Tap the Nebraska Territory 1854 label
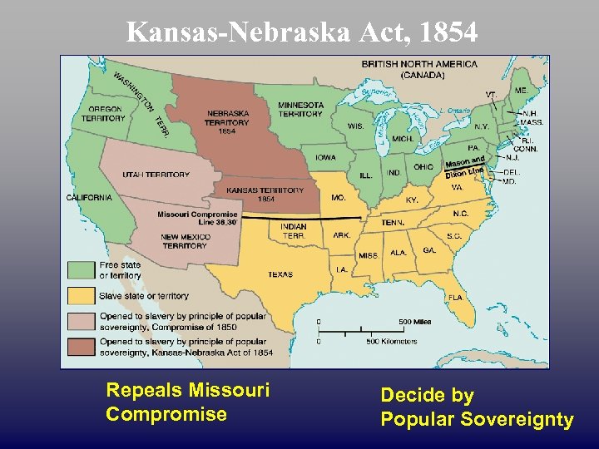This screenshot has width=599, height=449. point(227,122)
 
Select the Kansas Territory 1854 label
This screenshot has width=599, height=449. point(265,195)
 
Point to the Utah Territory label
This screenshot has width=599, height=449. point(156,175)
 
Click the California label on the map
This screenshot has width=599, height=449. point(89,198)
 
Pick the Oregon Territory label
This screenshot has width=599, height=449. point(103,114)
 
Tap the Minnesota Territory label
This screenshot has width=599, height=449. point(300,109)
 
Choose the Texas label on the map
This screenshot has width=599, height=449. point(280,274)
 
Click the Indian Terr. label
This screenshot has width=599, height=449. point(293,230)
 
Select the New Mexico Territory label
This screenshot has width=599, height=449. point(185,241)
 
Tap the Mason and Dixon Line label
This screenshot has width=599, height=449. point(465,167)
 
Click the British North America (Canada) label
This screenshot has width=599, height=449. point(419,69)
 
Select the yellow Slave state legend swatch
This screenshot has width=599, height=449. point(81,295)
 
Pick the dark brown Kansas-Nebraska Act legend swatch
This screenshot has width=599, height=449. point(81,347)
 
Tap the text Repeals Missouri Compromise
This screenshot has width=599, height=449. point(188,402)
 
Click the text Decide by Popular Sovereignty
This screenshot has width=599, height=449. point(477,407)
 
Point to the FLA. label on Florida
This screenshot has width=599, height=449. point(455,297)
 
